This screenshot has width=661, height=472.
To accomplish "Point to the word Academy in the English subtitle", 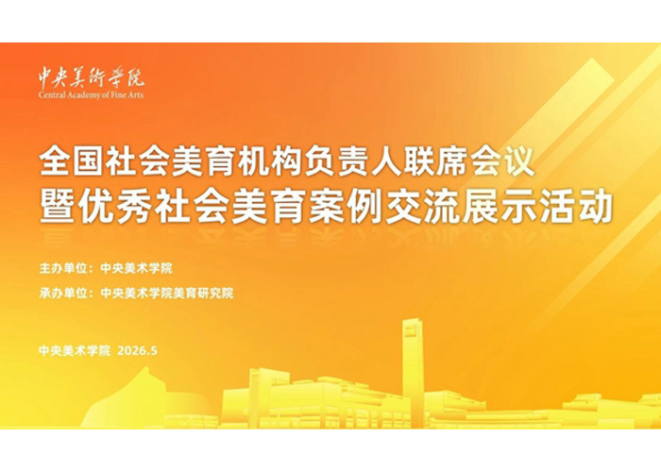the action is [81, 95].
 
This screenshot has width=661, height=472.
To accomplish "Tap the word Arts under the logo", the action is [136, 94].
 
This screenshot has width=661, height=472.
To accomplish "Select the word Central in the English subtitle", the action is [52, 94].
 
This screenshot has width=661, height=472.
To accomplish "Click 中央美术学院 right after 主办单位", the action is [136, 268].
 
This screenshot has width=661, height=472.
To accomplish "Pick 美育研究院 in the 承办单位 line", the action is [203, 293].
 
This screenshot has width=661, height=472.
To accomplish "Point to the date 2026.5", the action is [138, 350].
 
